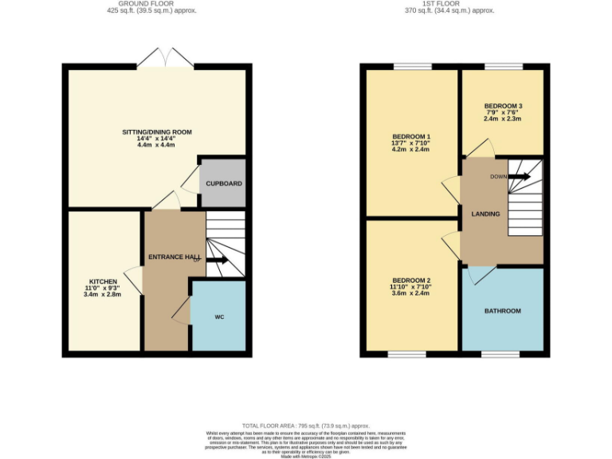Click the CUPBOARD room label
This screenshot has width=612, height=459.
224,183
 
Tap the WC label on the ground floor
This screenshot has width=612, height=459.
219,316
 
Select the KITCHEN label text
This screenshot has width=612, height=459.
104,281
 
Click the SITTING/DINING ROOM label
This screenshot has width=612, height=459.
156,131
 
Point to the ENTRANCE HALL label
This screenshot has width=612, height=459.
174,257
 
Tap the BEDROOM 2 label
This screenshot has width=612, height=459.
411,280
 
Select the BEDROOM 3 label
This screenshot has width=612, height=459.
502,106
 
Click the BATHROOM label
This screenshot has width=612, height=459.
502,311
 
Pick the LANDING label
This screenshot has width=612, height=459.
485,214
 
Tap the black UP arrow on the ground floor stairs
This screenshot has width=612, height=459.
218,260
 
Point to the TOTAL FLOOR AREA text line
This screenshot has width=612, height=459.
306,426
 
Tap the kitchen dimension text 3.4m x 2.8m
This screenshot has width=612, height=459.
104,295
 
